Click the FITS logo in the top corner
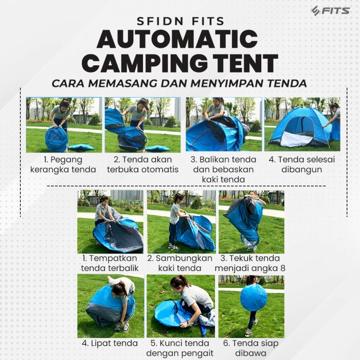330,11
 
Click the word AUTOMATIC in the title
177,39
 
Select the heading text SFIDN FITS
180,22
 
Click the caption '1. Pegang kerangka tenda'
63,165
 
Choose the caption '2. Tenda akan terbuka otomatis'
142,165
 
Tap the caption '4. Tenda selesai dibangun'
302,165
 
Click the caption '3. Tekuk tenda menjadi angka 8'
250,263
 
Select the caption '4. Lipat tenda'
110,344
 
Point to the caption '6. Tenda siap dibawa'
251,348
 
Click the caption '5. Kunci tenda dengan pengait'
180,348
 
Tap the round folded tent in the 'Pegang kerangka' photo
56,139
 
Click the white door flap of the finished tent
296,139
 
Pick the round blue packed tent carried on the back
254,297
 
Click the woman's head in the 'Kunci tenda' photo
178,285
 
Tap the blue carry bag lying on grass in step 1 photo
81,147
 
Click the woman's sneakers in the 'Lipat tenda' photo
122,327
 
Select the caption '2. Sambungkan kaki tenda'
180,263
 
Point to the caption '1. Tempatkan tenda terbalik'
110,263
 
